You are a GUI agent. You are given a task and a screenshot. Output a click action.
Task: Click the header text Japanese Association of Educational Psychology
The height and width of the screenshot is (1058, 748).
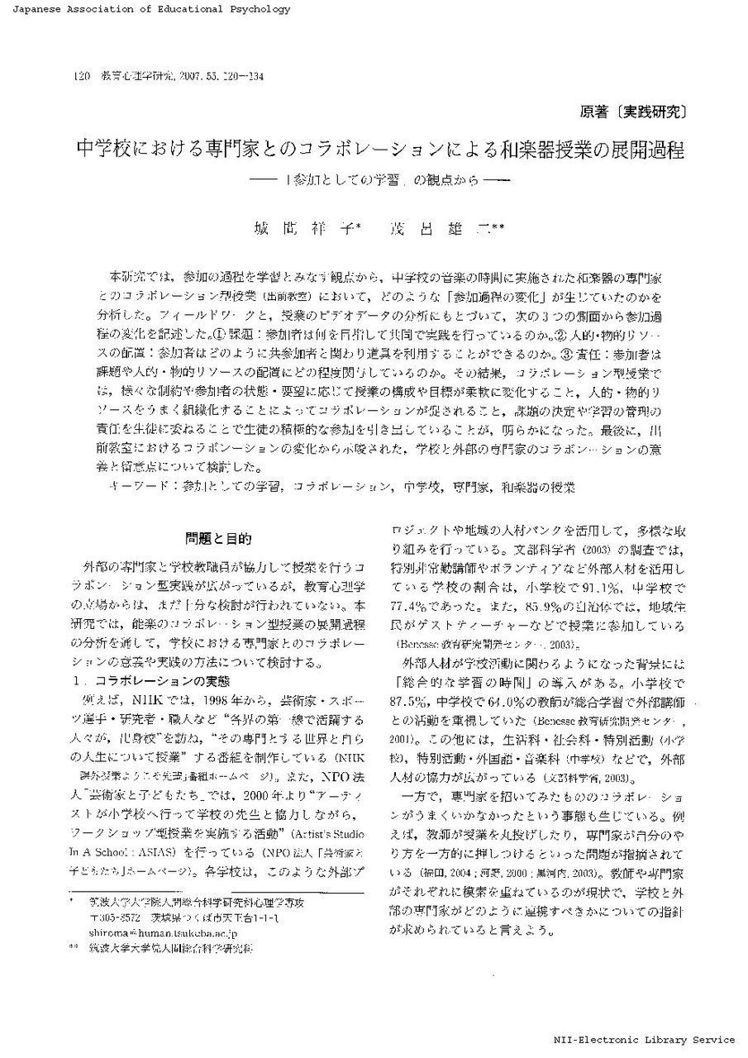pyautogui.click(x=145, y=10)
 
